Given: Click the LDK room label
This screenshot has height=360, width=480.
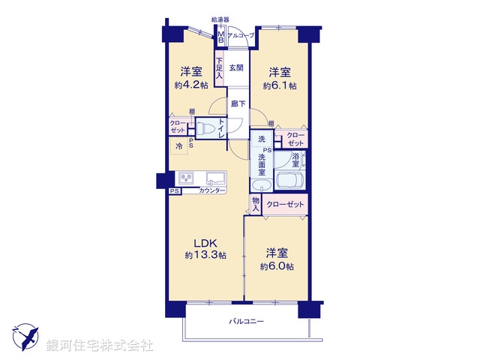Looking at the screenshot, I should tap(205, 242).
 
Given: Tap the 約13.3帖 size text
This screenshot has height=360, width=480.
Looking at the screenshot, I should tap(205, 255).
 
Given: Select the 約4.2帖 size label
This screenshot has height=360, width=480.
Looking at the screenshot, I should tap(190, 85).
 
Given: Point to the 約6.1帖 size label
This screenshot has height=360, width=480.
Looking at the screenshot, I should tap(280, 85).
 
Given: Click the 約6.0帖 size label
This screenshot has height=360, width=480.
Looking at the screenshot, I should tap(277, 267).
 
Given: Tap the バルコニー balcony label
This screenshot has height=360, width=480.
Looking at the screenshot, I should tap(247, 321).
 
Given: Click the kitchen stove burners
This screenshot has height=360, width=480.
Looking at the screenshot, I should tap(185, 178).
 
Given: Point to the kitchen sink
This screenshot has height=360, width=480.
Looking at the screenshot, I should tap(214, 178).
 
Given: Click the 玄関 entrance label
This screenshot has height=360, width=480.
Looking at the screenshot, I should tap(236, 67).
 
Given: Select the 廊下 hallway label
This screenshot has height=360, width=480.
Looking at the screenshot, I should tap(238, 104).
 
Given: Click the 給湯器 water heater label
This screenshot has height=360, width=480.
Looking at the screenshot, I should tap(220, 19).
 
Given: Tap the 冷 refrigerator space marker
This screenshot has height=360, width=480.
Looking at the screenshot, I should tap(178, 146).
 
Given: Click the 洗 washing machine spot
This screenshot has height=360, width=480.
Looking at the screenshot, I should tap(262, 139).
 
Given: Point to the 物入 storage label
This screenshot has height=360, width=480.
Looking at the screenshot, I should tap(256, 204).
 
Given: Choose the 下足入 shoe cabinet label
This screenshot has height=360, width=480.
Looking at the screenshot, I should tap(219, 69).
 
